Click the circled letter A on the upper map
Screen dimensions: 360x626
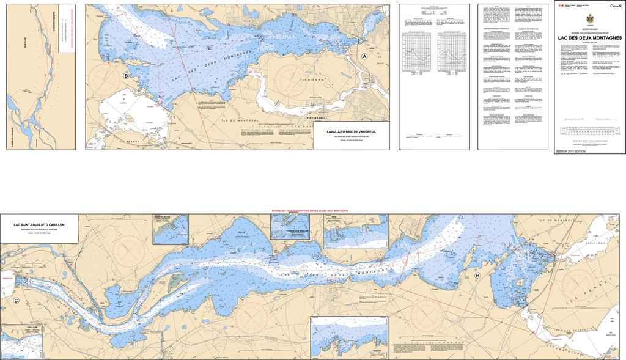(365, 56)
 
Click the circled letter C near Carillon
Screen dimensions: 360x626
(16, 300)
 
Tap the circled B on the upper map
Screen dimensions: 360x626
(126, 76)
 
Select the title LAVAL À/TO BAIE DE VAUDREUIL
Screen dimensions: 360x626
(351, 131)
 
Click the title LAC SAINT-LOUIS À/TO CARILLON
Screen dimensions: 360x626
(39, 225)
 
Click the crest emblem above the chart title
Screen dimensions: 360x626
(589, 19)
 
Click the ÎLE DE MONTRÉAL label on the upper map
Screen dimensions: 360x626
(246, 111)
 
